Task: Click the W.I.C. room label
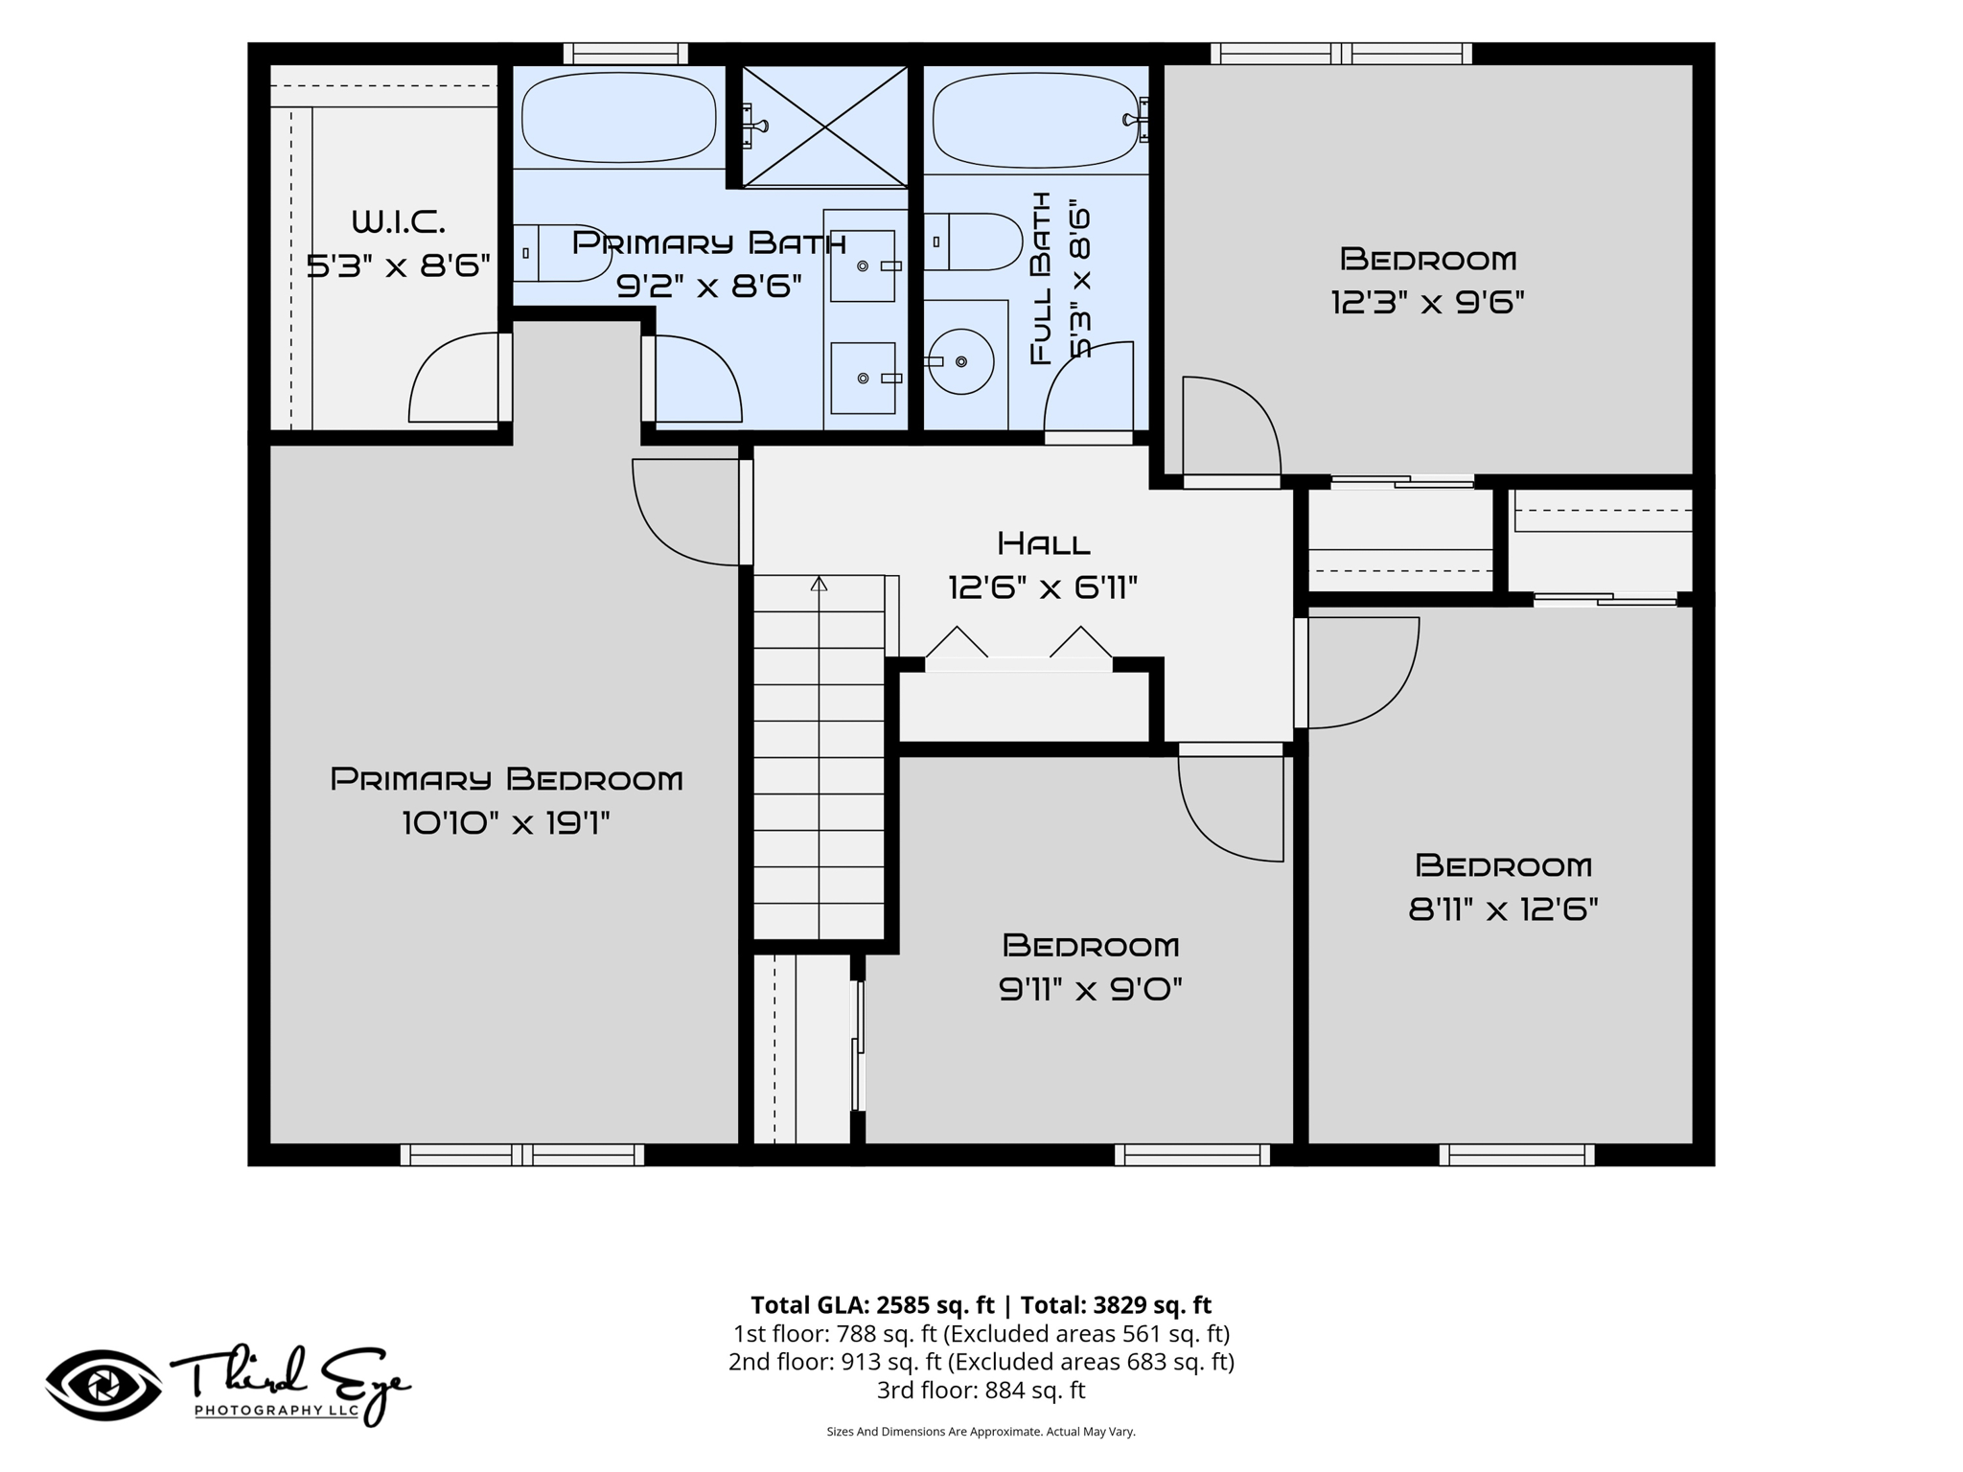399,222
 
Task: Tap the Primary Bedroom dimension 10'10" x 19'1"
506,823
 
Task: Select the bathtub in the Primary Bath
618,118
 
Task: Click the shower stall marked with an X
824,126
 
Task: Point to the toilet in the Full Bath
960,241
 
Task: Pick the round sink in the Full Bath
960,361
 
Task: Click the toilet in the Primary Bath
549,253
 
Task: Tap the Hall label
1044,544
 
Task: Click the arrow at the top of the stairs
819,583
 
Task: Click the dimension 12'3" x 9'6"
1427,303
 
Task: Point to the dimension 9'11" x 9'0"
1091,989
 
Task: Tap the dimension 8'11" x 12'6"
1503,908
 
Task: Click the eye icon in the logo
104,1385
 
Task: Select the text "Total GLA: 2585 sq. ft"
872,1305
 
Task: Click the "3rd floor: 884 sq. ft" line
981,1390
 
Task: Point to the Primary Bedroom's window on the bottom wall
521,1155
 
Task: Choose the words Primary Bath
708,242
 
